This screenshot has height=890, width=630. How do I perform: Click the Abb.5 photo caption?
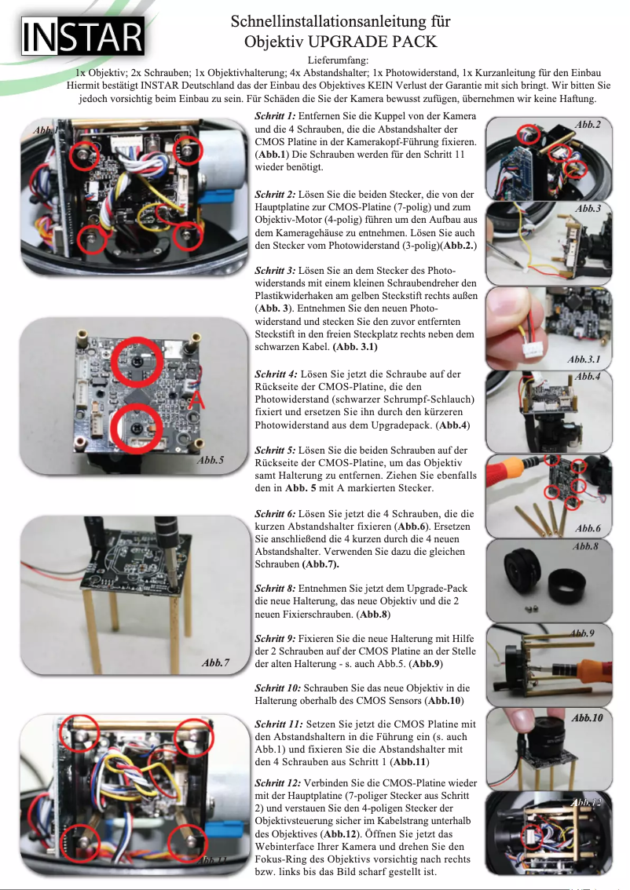(x=210, y=461)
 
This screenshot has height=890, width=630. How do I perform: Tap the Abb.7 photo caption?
(x=215, y=663)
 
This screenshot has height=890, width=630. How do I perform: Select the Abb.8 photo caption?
(x=585, y=546)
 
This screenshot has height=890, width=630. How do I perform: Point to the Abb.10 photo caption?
(x=587, y=717)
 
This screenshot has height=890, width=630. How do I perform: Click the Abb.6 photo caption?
(x=588, y=528)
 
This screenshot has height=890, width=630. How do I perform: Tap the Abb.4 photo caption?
(x=588, y=378)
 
